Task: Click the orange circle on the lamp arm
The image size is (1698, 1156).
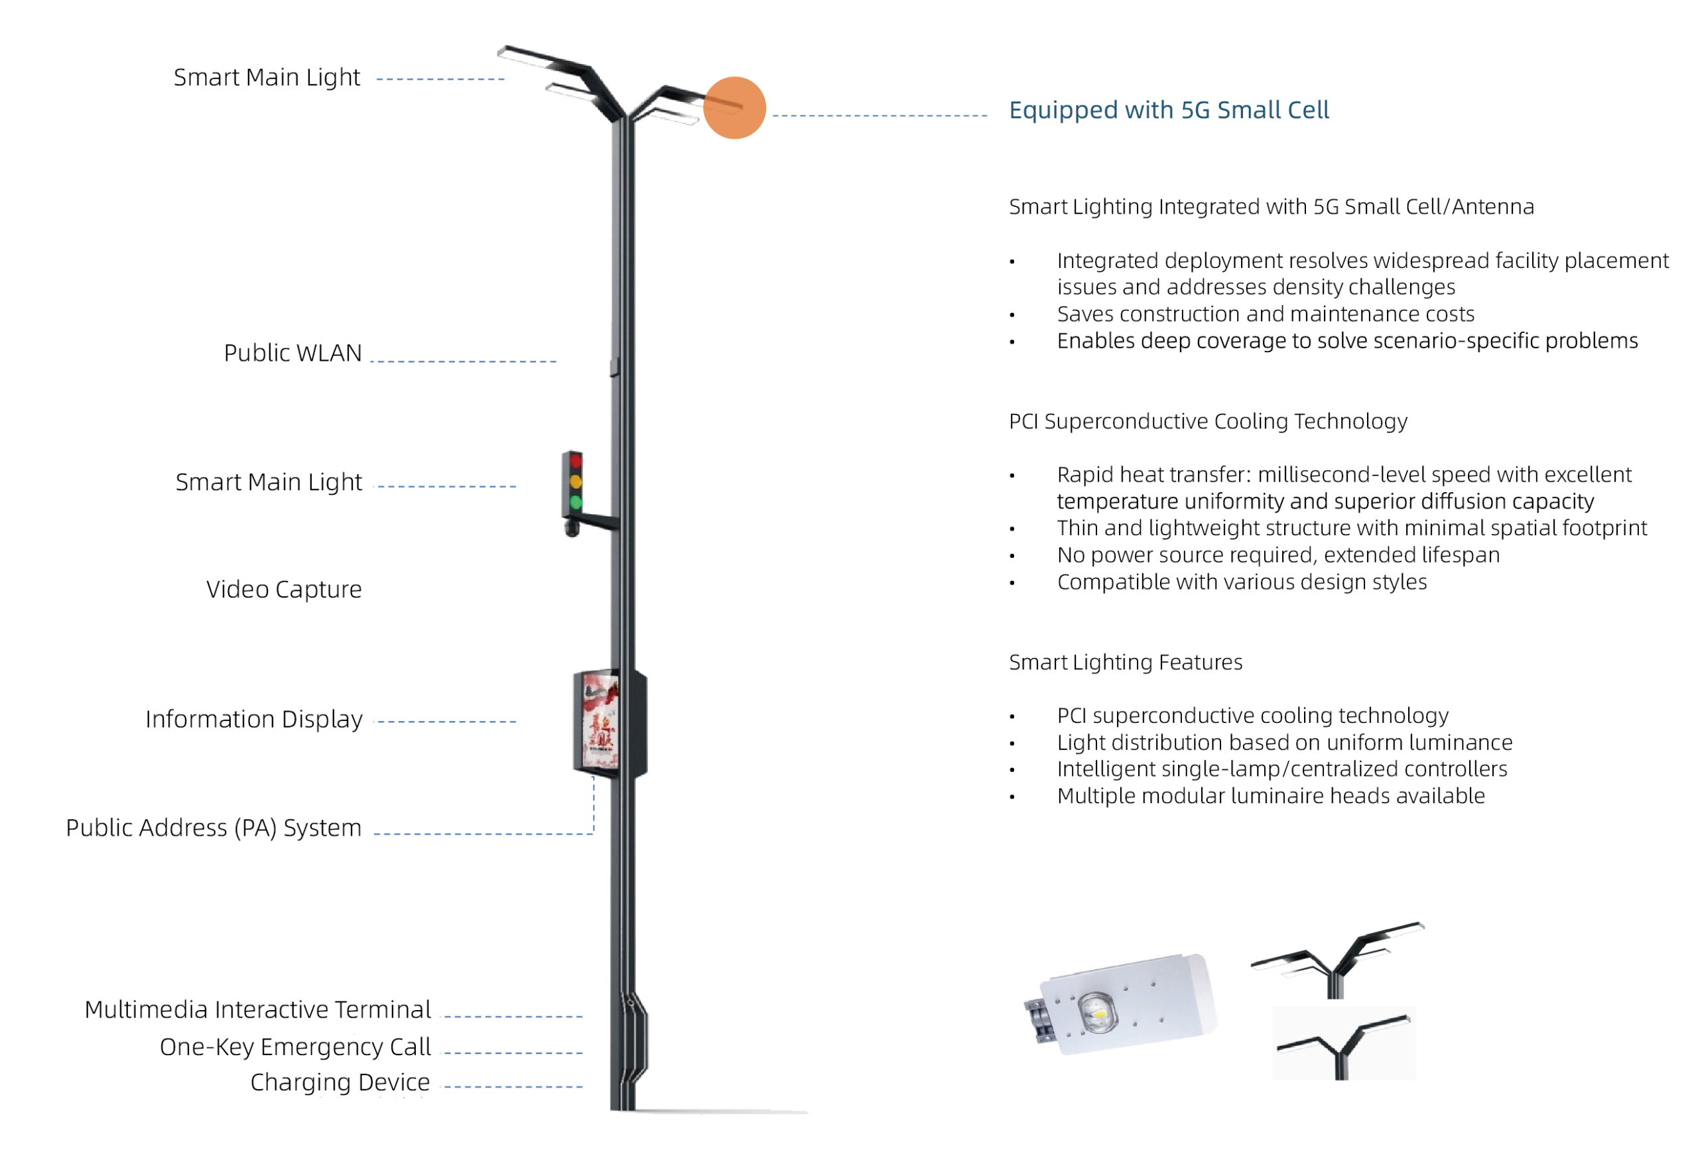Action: (x=734, y=108)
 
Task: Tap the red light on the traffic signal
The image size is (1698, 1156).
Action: (x=576, y=461)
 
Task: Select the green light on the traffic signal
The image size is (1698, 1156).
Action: (x=576, y=503)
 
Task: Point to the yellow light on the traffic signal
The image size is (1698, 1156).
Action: (x=576, y=482)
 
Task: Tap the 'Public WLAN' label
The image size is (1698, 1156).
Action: (x=293, y=353)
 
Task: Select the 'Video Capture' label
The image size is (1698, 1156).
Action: (x=285, y=590)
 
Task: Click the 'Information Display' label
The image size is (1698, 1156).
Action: (x=254, y=720)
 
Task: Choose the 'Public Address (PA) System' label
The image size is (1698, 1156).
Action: (x=214, y=828)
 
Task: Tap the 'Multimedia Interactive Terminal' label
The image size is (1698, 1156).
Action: (x=258, y=1010)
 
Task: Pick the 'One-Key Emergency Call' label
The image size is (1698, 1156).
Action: (x=295, y=1047)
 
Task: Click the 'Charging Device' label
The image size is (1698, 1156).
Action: (x=340, y=1082)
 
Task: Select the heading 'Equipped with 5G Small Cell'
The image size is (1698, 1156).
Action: (x=1168, y=110)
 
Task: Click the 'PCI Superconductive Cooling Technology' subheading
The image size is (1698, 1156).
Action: (x=1208, y=422)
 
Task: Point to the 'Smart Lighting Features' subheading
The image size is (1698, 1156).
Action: (x=1125, y=663)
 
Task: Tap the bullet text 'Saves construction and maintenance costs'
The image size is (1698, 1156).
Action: (x=1266, y=314)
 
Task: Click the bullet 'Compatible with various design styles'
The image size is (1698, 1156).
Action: (x=1242, y=582)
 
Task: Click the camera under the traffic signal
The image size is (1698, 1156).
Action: (x=572, y=527)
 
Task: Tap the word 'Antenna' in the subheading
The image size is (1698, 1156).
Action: (x=1492, y=208)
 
